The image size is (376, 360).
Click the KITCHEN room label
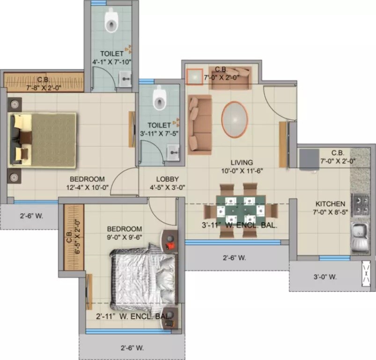point(330,204)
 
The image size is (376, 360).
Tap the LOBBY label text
point(167,179)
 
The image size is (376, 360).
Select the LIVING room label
point(242,162)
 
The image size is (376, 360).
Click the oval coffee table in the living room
point(234,120)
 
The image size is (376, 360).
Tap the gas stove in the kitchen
point(361,202)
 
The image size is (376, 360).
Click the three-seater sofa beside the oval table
point(199,124)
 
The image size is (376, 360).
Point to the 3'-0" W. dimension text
point(325,277)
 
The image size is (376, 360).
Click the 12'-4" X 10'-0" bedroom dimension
point(87,188)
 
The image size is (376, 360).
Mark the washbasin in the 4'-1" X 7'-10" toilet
point(125,80)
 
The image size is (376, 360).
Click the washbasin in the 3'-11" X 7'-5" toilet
point(174,150)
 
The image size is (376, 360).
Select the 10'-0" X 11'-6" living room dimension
point(242,171)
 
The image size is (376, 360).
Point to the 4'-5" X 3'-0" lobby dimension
point(167,187)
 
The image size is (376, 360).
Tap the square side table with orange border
point(194,77)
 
